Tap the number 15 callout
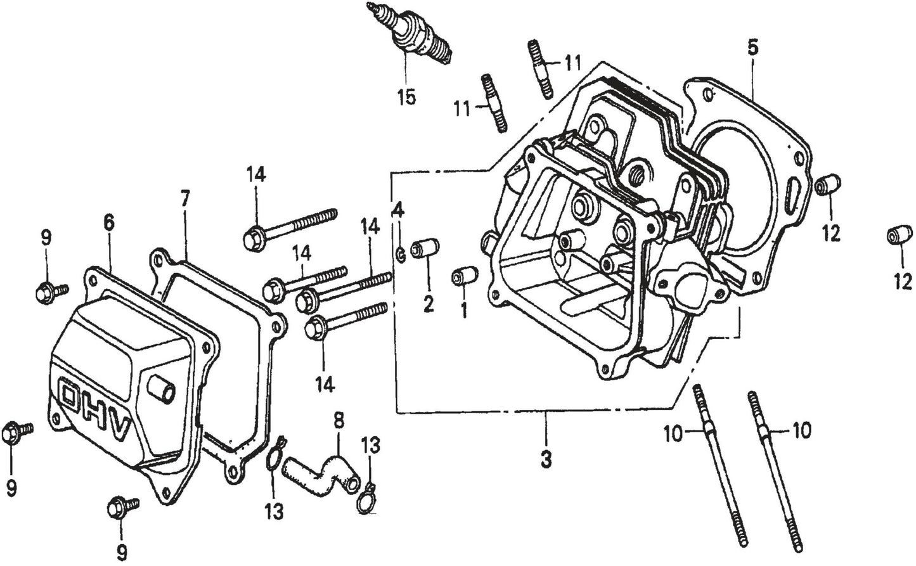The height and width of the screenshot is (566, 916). pos(406,98)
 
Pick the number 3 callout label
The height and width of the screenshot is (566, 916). pos(546,459)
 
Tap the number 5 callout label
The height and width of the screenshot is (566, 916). pos(752,48)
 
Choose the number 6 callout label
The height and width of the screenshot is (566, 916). pos(108,222)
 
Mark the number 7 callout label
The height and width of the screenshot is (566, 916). pos(184,200)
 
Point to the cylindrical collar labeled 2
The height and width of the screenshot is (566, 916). pos(423,248)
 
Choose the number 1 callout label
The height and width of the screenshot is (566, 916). pos(463,311)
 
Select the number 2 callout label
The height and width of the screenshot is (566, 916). pos(428,304)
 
